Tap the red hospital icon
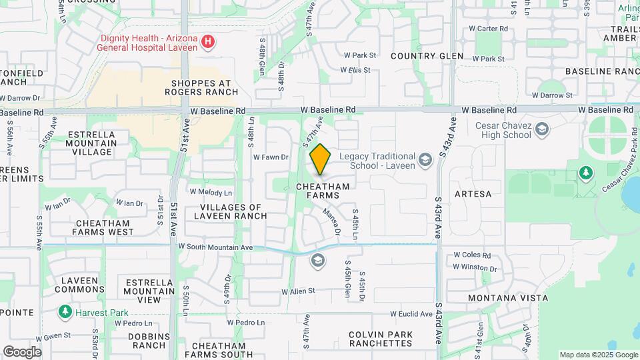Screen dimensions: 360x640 pyautogui.click(x=208, y=42)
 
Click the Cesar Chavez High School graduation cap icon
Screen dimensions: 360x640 pyautogui.click(x=542, y=127)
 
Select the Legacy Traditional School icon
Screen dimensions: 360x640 pyautogui.click(x=425, y=159)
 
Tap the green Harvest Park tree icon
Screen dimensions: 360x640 pyautogui.click(x=65, y=311)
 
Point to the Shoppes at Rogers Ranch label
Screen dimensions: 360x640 pyautogui.click(x=196, y=87)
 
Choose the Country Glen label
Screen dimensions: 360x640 pyautogui.click(x=427, y=56)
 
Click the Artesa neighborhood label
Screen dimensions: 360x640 pyautogui.click(x=473, y=194)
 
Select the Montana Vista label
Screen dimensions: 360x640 pyautogui.click(x=499, y=297)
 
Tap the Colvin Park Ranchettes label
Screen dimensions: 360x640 pyautogui.click(x=380, y=339)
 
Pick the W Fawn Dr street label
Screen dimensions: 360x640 pyautogui.click(x=270, y=157)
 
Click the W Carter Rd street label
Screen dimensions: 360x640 pyautogui.click(x=489, y=29)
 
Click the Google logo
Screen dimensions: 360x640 pyautogui.click(x=22, y=351)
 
